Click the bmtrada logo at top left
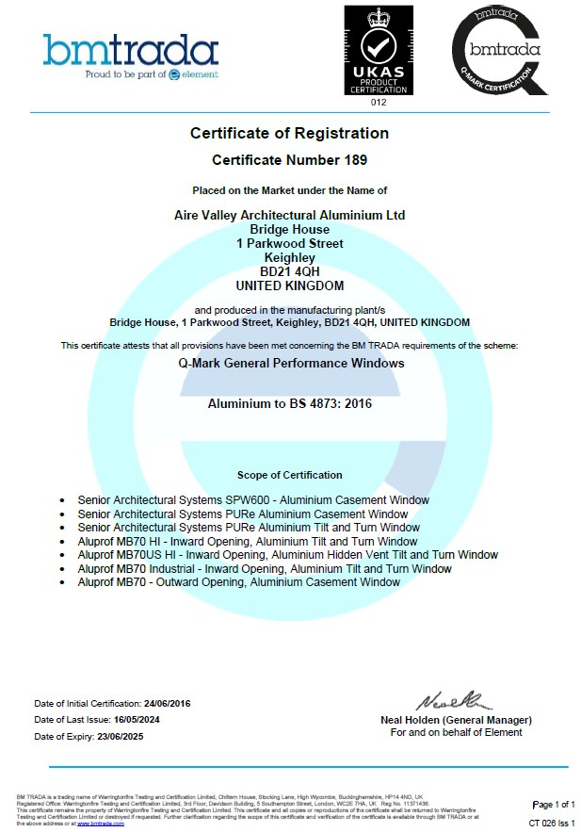pyautogui.click(x=130, y=56)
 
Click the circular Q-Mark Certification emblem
pyautogui.click(x=498, y=52)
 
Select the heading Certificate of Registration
pyautogui.click(x=289, y=133)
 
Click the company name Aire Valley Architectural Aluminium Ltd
pyautogui.click(x=290, y=215)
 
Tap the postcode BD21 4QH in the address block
pyautogui.click(x=290, y=271)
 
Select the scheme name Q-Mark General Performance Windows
pyautogui.click(x=290, y=363)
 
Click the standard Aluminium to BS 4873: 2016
pyautogui.click(x=290, y=403)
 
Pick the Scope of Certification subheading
pyautogui.click(x=290, y=475)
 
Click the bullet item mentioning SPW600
pyautogui.click(x=253, y=500)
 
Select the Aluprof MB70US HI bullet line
pyautogui.click(x=288, y=555)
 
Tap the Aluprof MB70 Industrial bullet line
pyautogui.click(x=265, y=568)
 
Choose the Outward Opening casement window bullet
pyautogui.click(x=239, y=582)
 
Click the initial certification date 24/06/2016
pyautogui.click(x=168, y=704)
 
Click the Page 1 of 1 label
pyautogui.click(x=553, y=804)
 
